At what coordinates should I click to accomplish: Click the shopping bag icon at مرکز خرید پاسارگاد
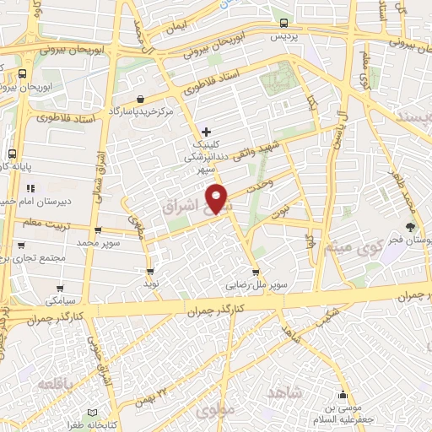tap(151, 98)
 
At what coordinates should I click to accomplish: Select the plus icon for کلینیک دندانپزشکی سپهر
tap(207, 131)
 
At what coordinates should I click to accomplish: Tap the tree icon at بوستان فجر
tap(410, 226)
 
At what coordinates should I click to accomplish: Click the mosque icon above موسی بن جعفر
tap(343, 396)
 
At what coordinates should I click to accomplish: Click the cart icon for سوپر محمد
tap(98, 229)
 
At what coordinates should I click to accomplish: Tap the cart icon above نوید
tap(150, 272)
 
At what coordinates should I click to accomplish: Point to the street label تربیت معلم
tap(33, 223)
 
